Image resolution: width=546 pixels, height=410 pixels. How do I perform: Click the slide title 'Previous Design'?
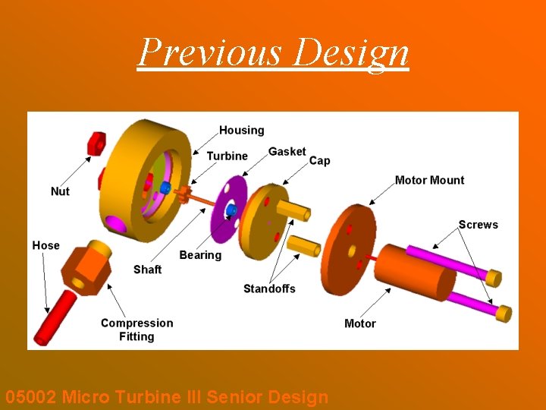pyautogui.click(x=273, y=52)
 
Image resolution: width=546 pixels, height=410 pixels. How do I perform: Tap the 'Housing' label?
pyautogui.click(x=242, y=131)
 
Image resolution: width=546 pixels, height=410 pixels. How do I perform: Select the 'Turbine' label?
pyautogui.click(x=227, y=156)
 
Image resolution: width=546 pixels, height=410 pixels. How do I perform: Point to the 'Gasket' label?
pyautogui.click(x=287, y=152)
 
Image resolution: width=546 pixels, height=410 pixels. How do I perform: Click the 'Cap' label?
pyautogui.click(x=319, y=161)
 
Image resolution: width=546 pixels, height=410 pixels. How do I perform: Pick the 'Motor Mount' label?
pyautogui.click(x=429, y=181)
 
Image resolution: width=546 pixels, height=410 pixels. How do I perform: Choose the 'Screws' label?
pyautogui.click(x=478, y=225)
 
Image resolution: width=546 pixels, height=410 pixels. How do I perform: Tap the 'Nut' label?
pyautogui.click(x=60, y=191)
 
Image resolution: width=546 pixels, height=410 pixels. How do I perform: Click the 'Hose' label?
pyautogui.click(x=45, y=245)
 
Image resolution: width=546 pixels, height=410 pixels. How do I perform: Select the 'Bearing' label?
pyautogui.click(x=200, y=255)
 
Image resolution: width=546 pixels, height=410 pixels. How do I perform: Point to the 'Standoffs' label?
pyautogui.click(x=269, y=289)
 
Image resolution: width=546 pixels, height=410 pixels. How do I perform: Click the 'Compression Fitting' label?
pyautogui.click(x=136, y=330)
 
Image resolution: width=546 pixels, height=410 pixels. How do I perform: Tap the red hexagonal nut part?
pyautogui.click(x=96, y=142)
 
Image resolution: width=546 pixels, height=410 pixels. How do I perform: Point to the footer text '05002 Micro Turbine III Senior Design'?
pyautogui.click(x=167, y=397)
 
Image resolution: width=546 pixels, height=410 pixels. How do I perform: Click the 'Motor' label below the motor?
pyautogui.click(x=359, y=323)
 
